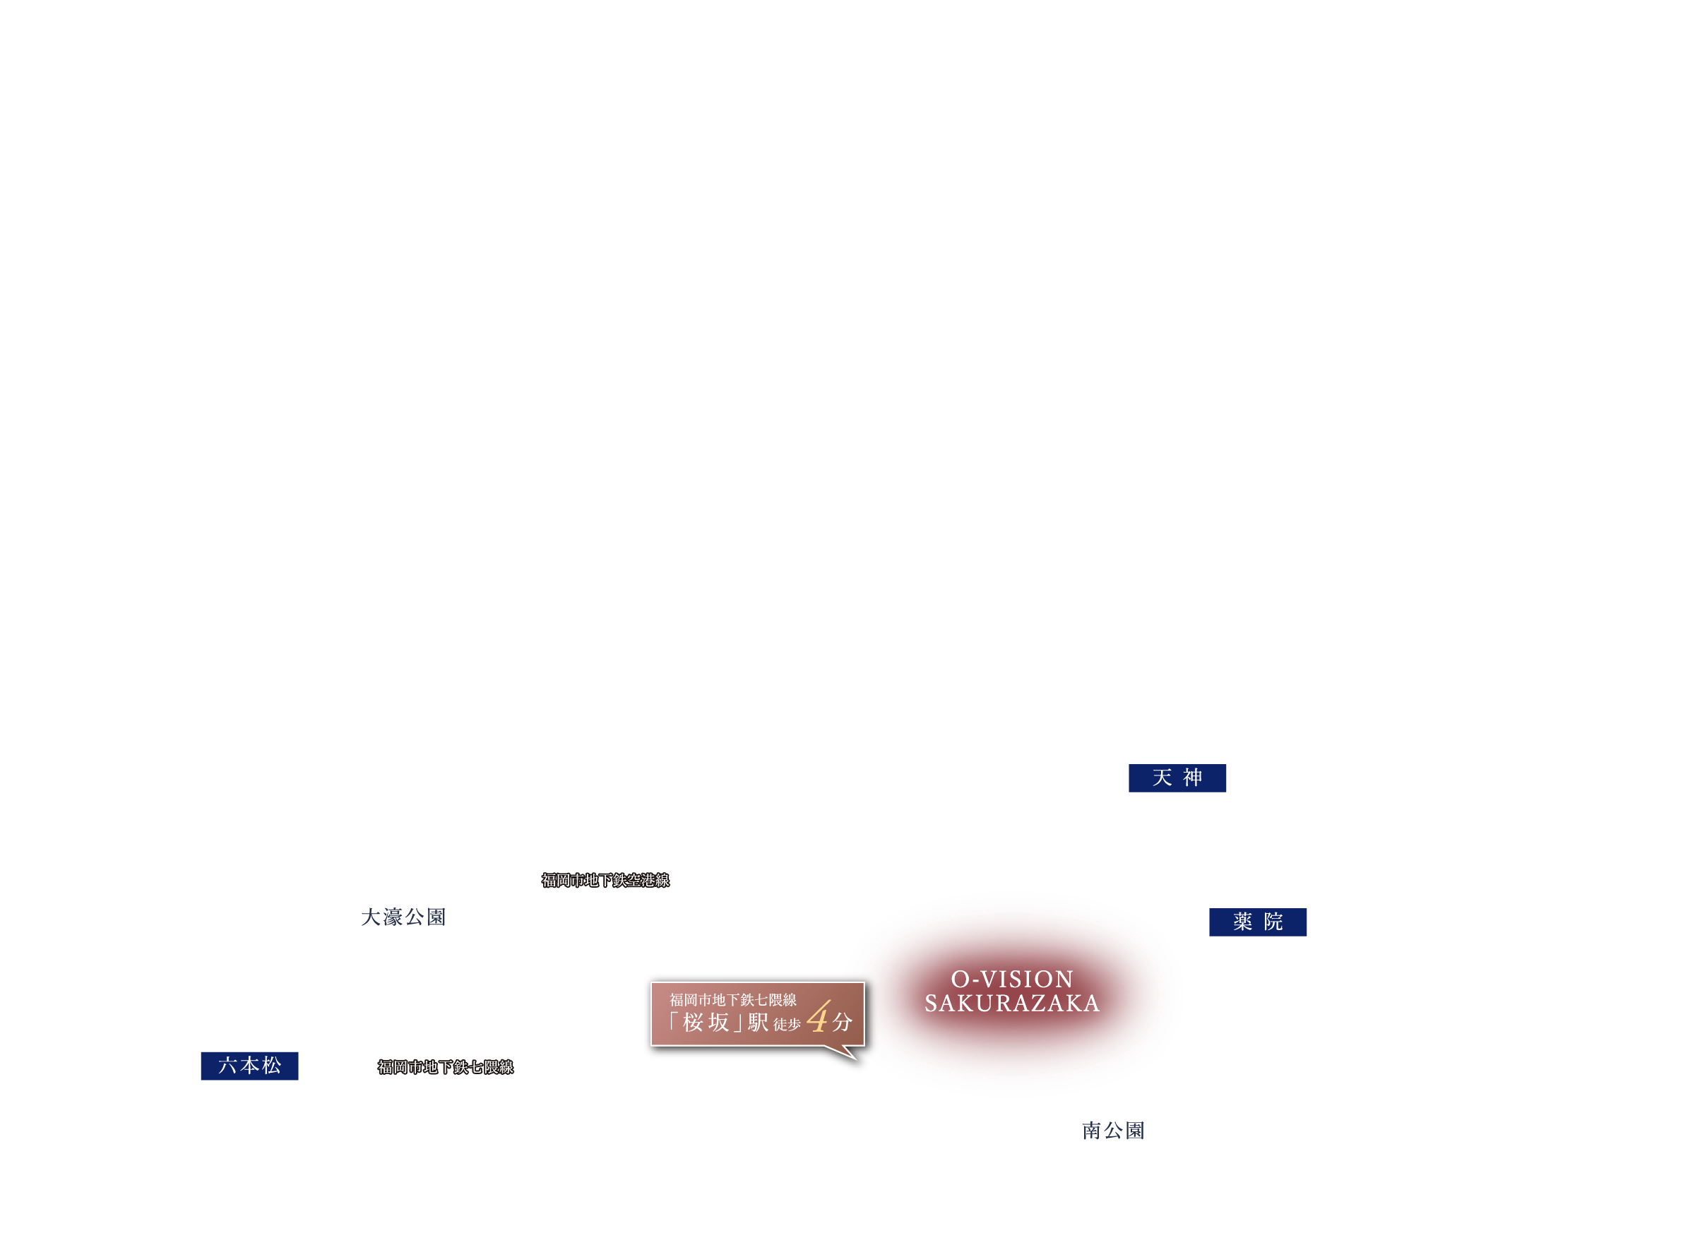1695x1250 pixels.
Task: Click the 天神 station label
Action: [x=1177, y=778]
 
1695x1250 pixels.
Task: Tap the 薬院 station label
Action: [x=1258, y=922]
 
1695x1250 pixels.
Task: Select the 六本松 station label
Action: [x=250, y=1066]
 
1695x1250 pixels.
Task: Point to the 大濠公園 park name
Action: [x=403, y=917]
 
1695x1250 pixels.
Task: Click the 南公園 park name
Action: [x=1113, y=1131]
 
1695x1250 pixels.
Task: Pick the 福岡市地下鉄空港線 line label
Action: [x=605, y=880]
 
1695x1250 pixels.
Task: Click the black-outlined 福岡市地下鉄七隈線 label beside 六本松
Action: [x=446, y=1067]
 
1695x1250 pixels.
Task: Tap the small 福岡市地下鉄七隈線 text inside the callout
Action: [x=732, y=1000]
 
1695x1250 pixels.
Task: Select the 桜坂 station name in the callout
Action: [x=706, y=1023]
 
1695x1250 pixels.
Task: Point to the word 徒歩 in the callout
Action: [x=787, y=1025]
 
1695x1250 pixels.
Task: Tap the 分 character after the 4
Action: [x=843, y=1023]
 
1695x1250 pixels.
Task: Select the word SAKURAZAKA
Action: [x=1013, y=1004]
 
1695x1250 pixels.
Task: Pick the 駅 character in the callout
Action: [x=759, y=1023]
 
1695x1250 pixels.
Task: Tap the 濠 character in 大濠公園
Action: [x=393, y=917]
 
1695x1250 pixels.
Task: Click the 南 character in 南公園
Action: [x=1092, y=1131]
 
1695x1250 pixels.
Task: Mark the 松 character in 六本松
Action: [x=273, y=1066]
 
